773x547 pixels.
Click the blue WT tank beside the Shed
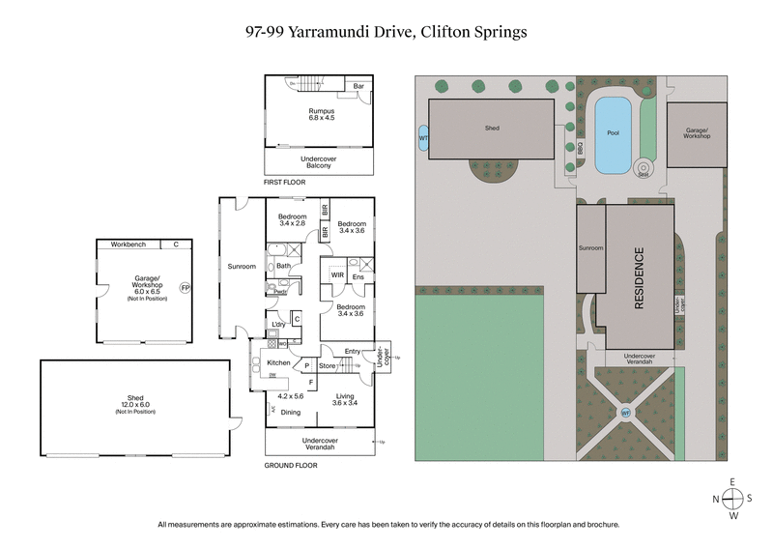click(x=423, y=138)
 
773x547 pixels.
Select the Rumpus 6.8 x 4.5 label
click(x=318, y=114)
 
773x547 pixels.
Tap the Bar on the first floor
click(x=358, y=86)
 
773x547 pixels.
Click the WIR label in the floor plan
click(x=337, y=275)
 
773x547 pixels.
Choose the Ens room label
click(x=357, y=277)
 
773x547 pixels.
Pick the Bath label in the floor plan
click(x=283, y=266)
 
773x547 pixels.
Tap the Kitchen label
click(x=266, y=362)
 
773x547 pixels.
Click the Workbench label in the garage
click(x=127, y=244)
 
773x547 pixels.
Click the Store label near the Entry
click(x=327, y=366)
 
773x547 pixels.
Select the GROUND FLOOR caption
click(x=290, y=465)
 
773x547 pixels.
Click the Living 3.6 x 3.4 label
click(x=344, y=400)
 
